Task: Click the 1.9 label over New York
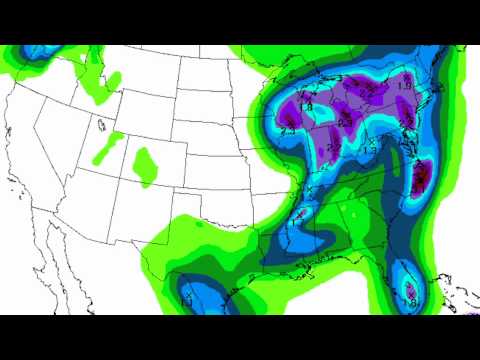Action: click(x=404, y=88)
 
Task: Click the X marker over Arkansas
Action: click(x=297, y=216)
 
